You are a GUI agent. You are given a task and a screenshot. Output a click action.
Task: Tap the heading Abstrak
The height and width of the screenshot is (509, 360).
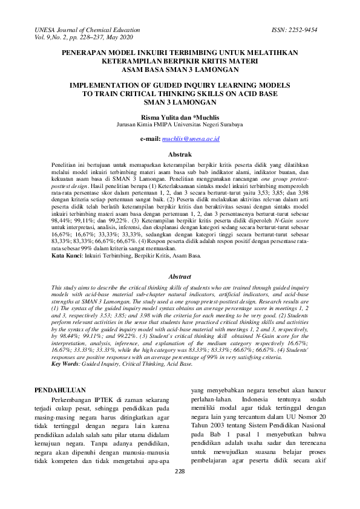click(180, 155)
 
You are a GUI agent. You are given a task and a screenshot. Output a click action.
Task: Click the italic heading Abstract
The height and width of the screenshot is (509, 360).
click(179, 276)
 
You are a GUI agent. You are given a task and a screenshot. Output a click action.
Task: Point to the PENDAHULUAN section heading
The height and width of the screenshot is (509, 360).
click(60, 390)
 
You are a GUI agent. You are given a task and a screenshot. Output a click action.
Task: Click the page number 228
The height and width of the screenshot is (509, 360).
click(180, 488)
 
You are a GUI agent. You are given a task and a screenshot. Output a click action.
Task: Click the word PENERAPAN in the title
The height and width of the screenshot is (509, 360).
click(86, 53)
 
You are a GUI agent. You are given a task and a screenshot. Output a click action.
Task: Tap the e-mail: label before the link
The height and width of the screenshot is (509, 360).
click(149, 139)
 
